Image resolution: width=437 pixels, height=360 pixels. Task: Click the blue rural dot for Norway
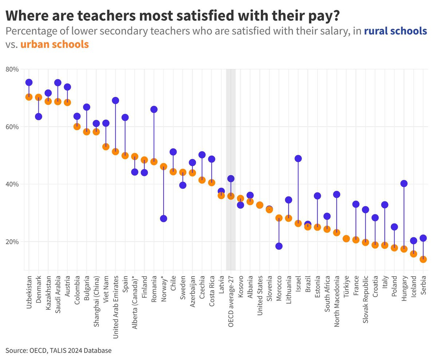pyautogui.click(x=164, y=219)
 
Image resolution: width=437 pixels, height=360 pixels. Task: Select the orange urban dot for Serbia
pyautogui.click(x=423, y=259)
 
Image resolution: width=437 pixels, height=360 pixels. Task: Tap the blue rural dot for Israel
pyautogui.click(x=298, y=159)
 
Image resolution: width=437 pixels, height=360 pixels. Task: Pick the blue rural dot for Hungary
pyautogui.click(x=404, y=184)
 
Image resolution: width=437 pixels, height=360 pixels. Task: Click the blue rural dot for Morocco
pyautogui.click(x=279, y=246)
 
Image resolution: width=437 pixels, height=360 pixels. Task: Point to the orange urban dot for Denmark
pyautogui.click(x=39, y=97)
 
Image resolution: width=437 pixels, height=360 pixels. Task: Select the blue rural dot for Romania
pyautogui.click(x=154, y=109)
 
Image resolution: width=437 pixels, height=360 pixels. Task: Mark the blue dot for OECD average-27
pyautogui.click(x=231, y=179)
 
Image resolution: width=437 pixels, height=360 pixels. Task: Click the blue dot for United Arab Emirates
pyautogui.click(x=115, y=101)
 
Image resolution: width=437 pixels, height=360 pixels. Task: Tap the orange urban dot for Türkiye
pyautogui.click(x=346, y=239)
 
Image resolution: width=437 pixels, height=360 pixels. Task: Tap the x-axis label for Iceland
pyautogui.click(x=413, y=289)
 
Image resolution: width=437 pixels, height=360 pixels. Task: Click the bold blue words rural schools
pyautogui.click(x=395, y=31)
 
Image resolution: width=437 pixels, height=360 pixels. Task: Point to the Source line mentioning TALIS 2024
pyautogui.click(x=58, y=351)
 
